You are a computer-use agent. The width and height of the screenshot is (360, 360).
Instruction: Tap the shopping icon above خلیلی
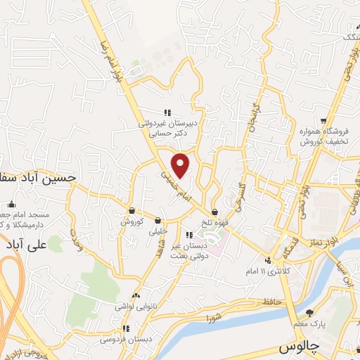click(158, 220)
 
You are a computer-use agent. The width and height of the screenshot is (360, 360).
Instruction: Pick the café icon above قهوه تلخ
click(214, 212)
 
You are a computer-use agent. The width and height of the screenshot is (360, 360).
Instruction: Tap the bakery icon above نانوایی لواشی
click(136, 296)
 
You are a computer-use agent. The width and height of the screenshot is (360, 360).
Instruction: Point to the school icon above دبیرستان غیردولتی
click(167, 112)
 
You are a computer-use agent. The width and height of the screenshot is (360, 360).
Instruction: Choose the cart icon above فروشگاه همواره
click(323, 120)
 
